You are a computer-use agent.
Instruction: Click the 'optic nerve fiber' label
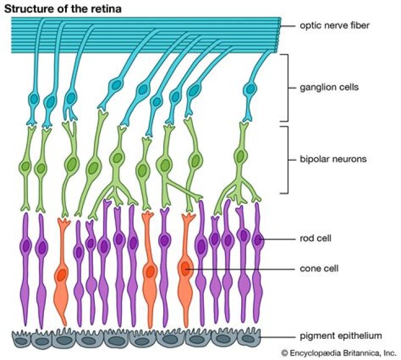[327, 26]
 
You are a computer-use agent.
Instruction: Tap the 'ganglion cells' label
[321, 87]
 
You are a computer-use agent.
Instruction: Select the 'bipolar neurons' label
[324, 159]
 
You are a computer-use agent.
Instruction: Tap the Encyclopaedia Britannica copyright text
[338, 352]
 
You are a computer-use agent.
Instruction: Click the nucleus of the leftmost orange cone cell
[61, 274]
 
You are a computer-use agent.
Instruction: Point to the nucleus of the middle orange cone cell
[149, 272]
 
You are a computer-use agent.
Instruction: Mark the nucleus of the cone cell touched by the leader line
[186, 268]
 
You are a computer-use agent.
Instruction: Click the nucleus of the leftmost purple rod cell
[25, 245]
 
